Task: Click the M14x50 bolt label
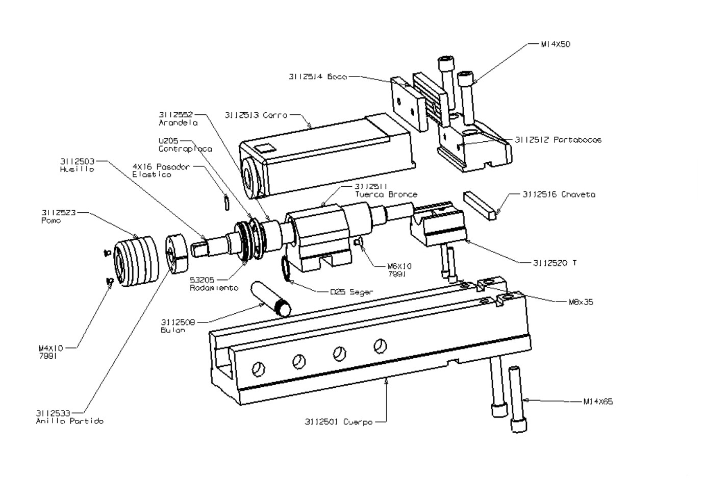tap(556, 44)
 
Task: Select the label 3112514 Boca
tap(317, 77)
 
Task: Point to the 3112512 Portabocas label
tap(558, 140)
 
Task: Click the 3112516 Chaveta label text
tap(559, 194)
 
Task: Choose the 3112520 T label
tap(555, 263)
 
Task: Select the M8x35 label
tap(581, 302)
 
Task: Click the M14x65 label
tap(598, 402)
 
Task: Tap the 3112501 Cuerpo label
tap(338, 422)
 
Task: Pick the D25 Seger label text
tap(351, 292)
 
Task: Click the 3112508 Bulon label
tap(178, 326)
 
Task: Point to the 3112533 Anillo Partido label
tap(69, 417)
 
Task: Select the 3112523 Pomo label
tap(58, 216)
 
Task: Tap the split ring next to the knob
tap(177, 254)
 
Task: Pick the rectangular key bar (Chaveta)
tap(480, 205)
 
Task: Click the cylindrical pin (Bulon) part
tap(270, 300)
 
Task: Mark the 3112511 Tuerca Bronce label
tap(386, 190)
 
